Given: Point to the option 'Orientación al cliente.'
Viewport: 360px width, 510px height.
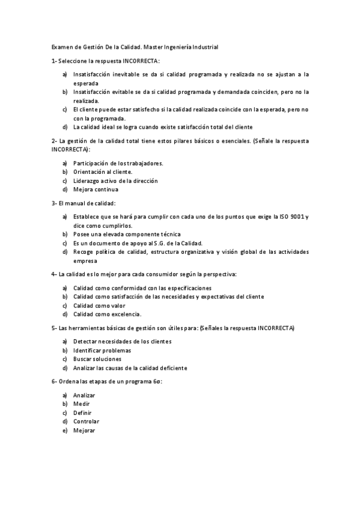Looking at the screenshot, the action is coord(103,171).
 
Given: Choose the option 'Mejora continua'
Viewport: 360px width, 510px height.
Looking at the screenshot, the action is coord(96,189).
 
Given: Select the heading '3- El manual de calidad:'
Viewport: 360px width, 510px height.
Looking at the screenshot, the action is coord(84,203).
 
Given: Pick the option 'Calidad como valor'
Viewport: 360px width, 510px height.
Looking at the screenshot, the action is coord(100,305).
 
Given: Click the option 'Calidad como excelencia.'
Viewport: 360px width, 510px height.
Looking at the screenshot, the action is coord(107,314).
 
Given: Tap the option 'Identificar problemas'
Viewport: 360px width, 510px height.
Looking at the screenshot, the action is coord(102,350).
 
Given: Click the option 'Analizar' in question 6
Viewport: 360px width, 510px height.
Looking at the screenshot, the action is coord(85,395).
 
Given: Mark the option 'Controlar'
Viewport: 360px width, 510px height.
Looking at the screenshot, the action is coord(87,422).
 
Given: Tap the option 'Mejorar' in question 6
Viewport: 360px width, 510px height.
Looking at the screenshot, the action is coord(84,431).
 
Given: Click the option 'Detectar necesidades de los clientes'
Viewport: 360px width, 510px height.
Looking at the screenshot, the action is coord(122,341).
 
